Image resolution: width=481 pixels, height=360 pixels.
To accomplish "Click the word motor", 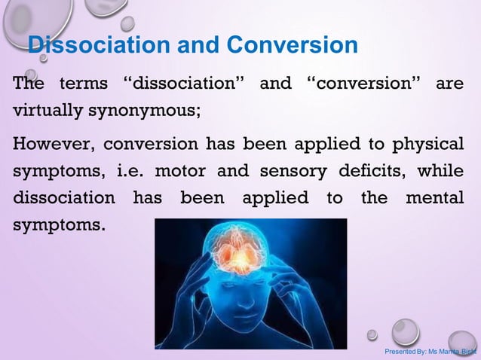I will pyautogui.click(x=179, y=171).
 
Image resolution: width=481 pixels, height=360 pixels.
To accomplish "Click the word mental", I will pyautogui.click(x=434, y=199).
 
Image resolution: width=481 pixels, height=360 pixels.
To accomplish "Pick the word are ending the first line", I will pyautogui.click(x=450, y=83).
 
